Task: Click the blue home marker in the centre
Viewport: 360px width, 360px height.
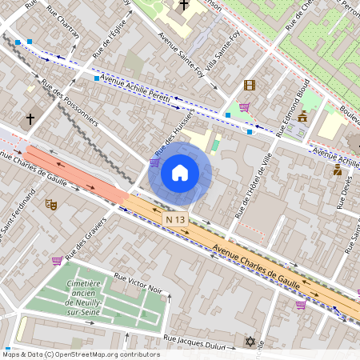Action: click(x=180, y=173)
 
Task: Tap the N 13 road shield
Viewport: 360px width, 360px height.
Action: click(x=175, y=218)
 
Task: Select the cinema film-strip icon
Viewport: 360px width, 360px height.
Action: click(x=250, y=86)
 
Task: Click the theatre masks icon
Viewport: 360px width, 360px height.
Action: click(x=51, y=205)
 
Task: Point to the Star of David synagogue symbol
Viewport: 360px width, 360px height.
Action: click(x=250, y=342)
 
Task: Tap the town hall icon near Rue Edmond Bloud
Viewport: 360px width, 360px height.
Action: click(x=302, y=117)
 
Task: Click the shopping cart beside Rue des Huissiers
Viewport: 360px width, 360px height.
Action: click(x=154, y=162)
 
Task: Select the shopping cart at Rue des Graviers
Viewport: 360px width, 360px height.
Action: click(x=57, y=260)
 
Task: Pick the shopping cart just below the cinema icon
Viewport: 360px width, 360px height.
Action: click(x=244, y=106)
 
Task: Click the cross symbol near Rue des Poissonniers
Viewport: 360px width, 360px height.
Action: click(x=30, y=119)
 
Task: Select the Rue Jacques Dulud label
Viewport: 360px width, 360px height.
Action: click(x=196, y=340)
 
